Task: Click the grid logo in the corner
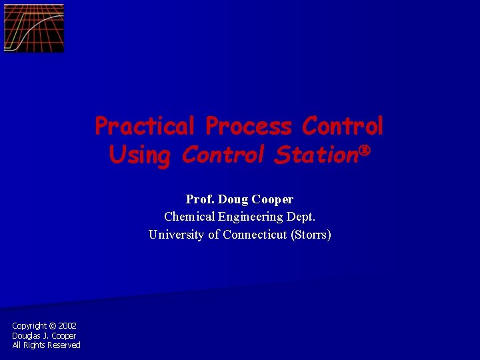coord(34,28)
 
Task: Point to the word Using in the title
coord(140,155)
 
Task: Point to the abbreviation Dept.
coord(302,217)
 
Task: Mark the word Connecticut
coord(254,235)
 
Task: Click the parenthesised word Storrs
coord(311,235)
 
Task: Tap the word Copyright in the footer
coord(29,326)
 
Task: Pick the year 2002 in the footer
coord(67,326)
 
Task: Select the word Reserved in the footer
coord(64,345)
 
